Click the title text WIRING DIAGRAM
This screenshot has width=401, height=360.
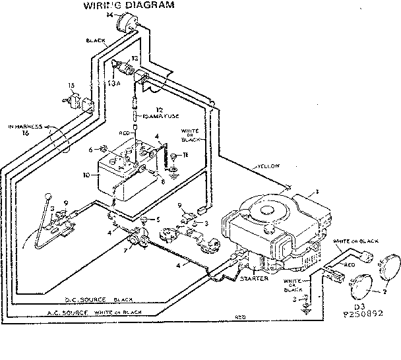(129, 6)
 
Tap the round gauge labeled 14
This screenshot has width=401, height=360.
(123, 26)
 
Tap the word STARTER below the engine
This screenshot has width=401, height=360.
(254, 278)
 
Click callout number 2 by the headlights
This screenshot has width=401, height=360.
(385, 289)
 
